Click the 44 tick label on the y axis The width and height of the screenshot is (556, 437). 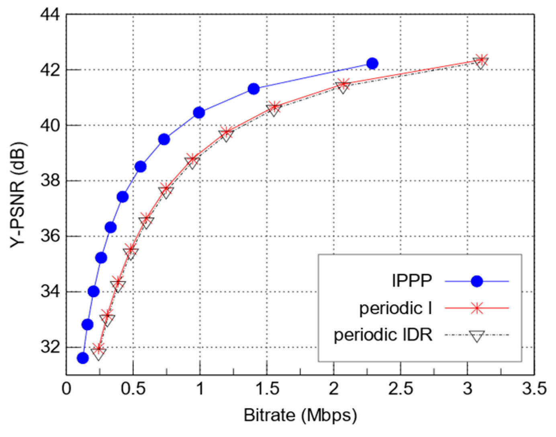[49, 15]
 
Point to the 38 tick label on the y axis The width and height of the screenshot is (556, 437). [49, 181]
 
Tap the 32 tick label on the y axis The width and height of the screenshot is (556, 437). [49, 347]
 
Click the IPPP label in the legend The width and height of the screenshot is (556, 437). [412, 281]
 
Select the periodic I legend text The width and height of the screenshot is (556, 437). [395, 308]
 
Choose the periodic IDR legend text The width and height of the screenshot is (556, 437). [383, 335]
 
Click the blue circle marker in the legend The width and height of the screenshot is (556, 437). [476, 281]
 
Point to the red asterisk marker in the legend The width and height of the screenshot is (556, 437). [476, 308]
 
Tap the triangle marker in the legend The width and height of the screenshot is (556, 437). [476, 336]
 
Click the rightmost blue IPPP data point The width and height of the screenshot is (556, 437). [372, 64]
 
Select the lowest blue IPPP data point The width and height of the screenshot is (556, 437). [83, 358]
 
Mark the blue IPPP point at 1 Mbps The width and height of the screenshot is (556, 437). [199, 113]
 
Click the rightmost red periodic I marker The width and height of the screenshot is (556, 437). [481, 60]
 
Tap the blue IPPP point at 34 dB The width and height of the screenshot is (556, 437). [94, 291]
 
